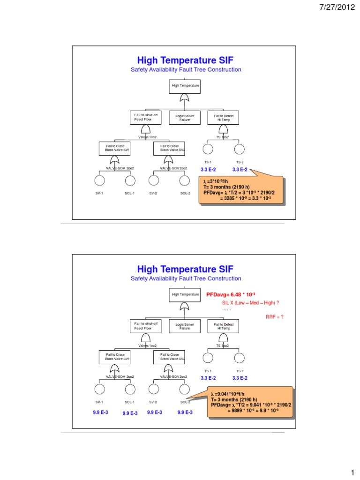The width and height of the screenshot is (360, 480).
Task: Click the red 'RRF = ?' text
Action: [x=274, y=317]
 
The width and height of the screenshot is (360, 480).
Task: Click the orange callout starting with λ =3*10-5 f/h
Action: [x=241, y=190]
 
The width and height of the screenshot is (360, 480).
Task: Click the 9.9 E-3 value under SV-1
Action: [x=100, y=412]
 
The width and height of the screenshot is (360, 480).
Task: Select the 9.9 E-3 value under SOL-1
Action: [x=130, y=413]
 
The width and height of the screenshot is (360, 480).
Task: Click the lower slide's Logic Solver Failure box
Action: [x=185, y=326]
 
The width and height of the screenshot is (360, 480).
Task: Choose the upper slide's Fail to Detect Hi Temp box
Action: [x=223, y=117]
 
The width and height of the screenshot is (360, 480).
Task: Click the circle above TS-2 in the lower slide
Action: [x=239, y=358]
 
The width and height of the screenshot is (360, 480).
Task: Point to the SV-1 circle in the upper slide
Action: [x=100, y=180]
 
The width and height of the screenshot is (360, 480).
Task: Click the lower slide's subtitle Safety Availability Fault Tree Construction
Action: [x=186, y=278]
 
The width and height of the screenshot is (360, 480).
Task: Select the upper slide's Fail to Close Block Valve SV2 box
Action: [x=169, y=148]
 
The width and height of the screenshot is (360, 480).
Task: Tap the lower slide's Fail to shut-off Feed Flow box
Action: [x=145, y=326]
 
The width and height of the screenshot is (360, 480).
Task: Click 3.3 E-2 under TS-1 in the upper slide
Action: [x=208, y=169]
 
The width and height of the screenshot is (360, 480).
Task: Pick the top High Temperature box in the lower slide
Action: [x=185, y=295]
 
